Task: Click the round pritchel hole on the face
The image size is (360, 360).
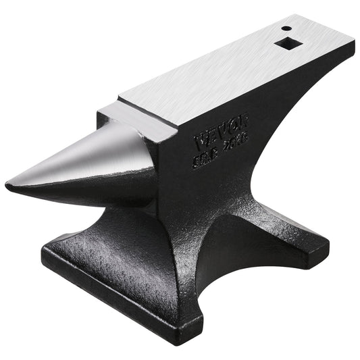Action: pyautogui.click(x=286, y=28)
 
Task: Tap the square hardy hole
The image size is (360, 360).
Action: pyautogui.click(x=281, y=45)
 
